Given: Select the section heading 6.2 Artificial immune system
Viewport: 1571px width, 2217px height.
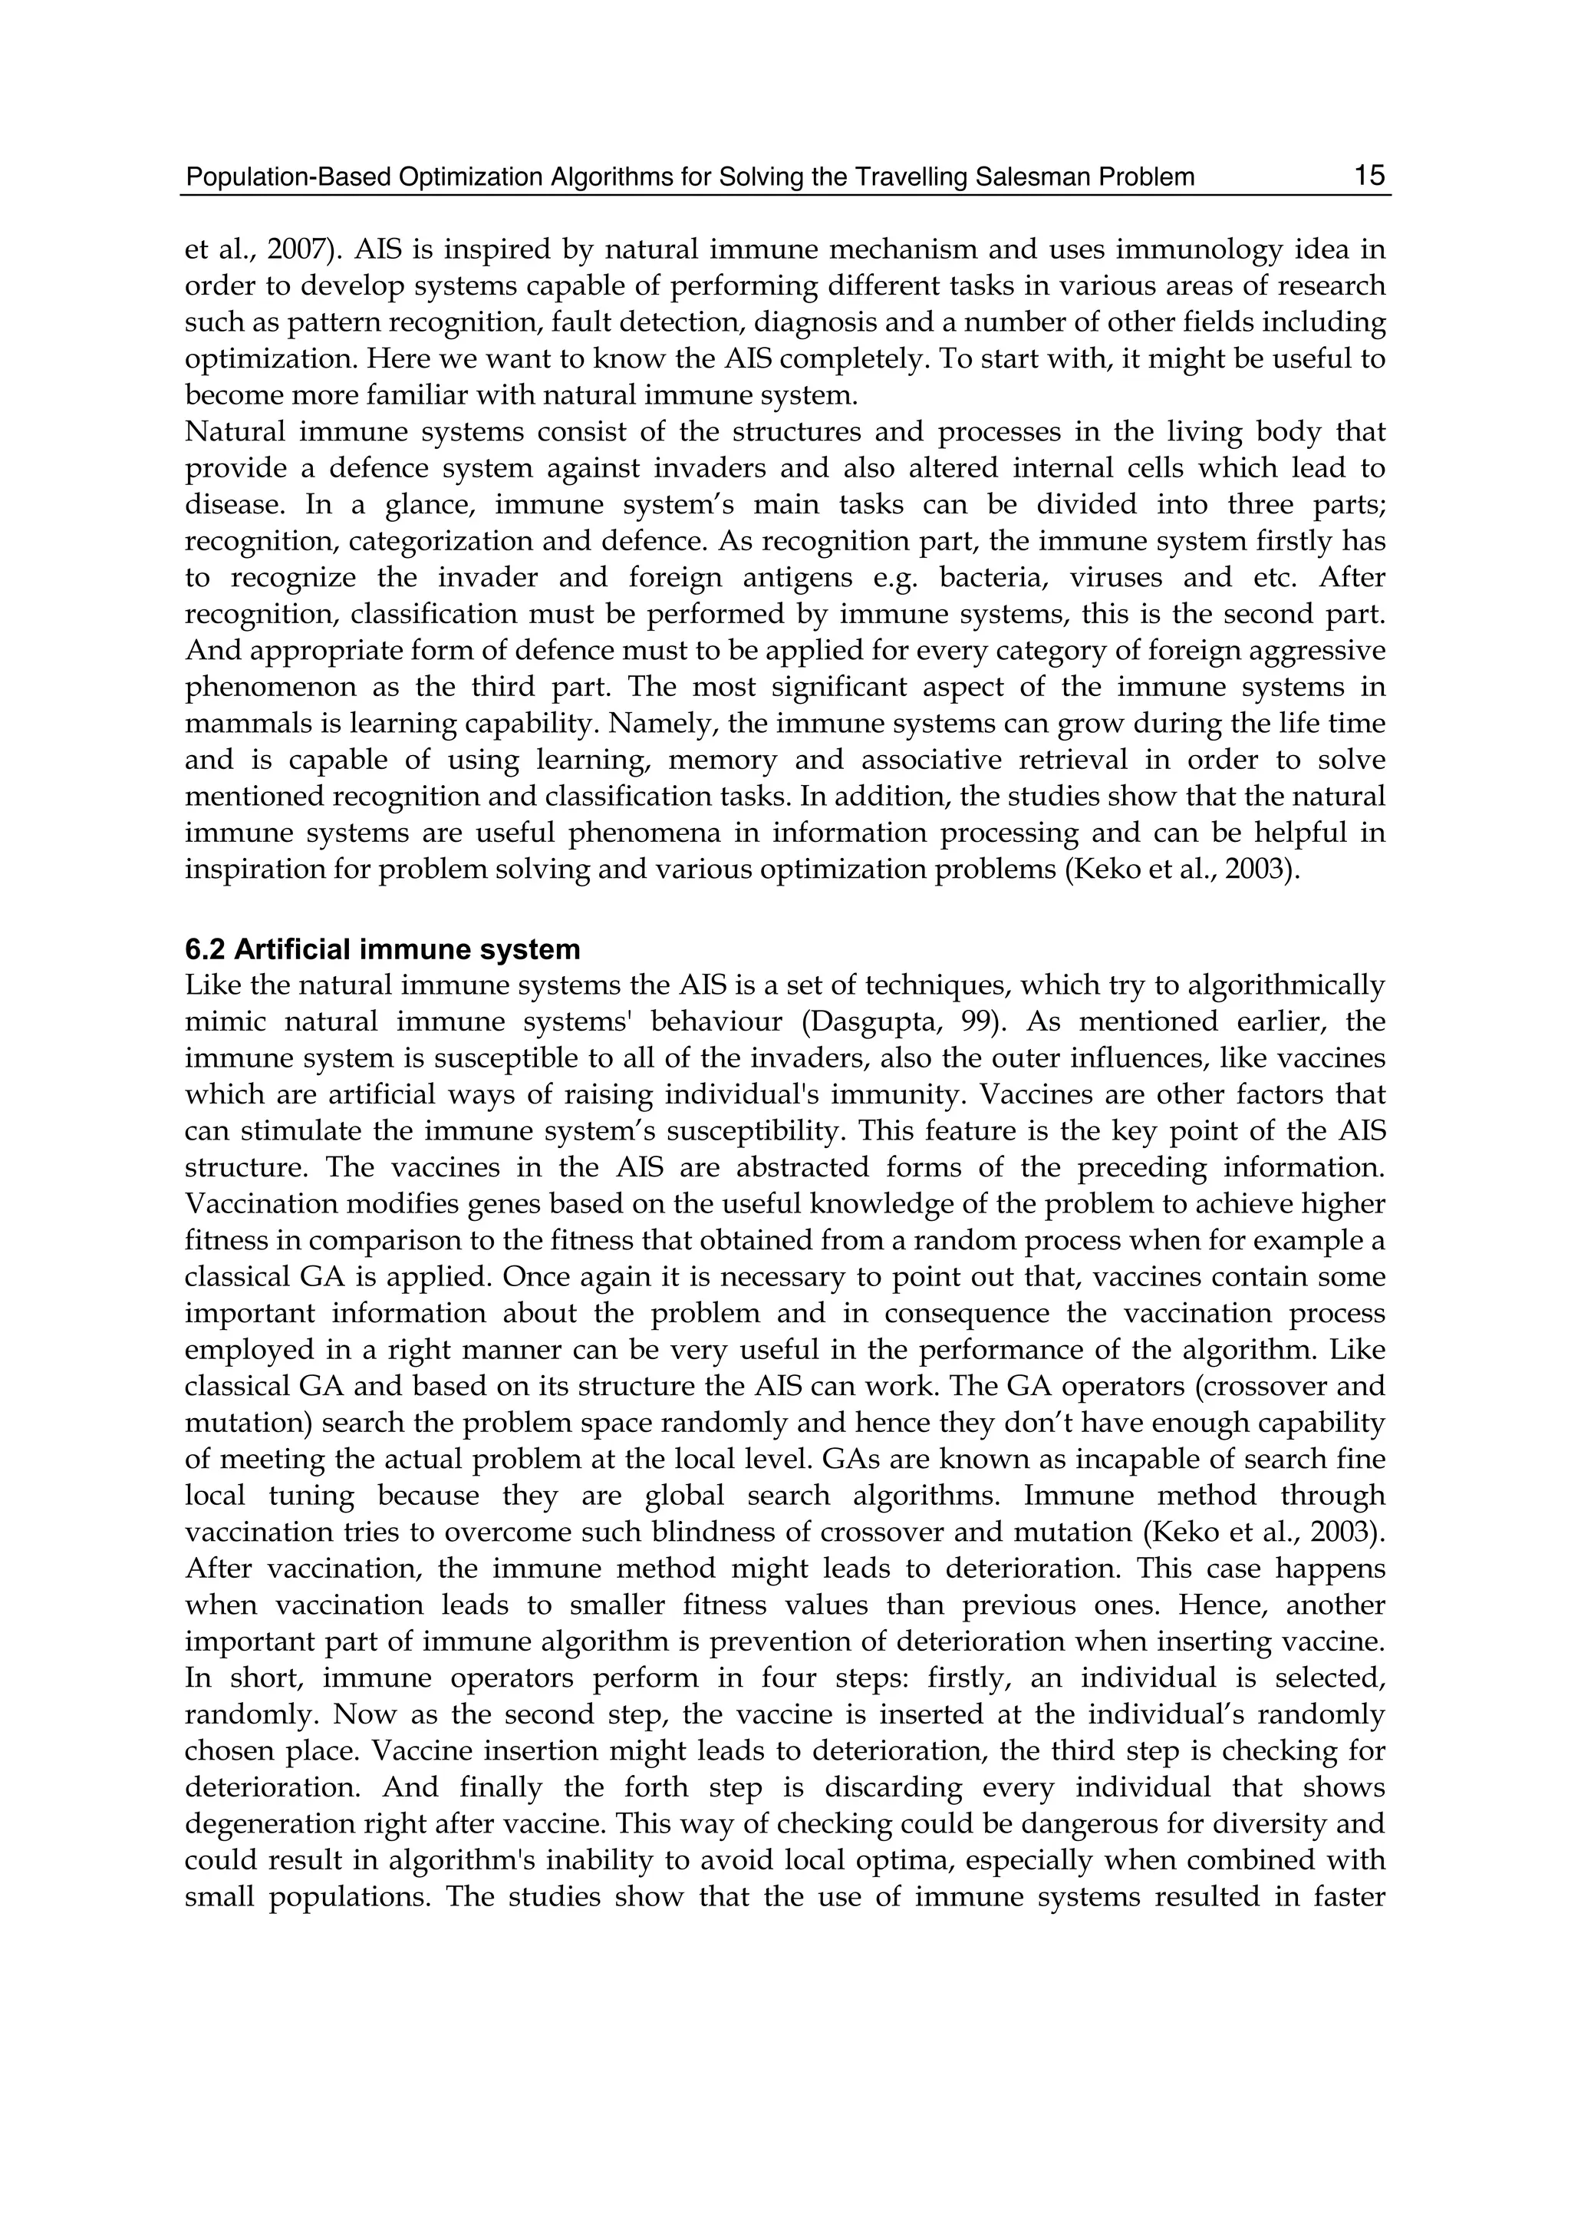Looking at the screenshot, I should point(382,948).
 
